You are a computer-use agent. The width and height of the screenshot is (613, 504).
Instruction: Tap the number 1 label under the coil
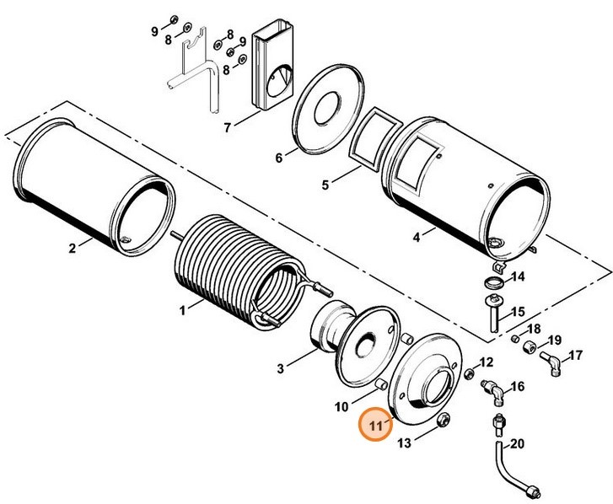pos(181,311)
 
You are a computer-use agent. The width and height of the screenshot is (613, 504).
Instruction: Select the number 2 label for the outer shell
pos(72,247)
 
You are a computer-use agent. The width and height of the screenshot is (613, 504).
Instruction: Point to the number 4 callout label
pos(416,238)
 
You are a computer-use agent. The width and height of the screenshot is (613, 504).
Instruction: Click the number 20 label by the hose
pos(518,443)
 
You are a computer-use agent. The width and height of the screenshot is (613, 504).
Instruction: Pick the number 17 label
pos(577,355)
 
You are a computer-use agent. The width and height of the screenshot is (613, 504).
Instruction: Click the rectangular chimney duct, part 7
pos(274,72)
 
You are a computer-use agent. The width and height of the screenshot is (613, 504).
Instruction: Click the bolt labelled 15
pos(492,314)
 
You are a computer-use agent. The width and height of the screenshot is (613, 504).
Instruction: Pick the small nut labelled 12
pos(469,373)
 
